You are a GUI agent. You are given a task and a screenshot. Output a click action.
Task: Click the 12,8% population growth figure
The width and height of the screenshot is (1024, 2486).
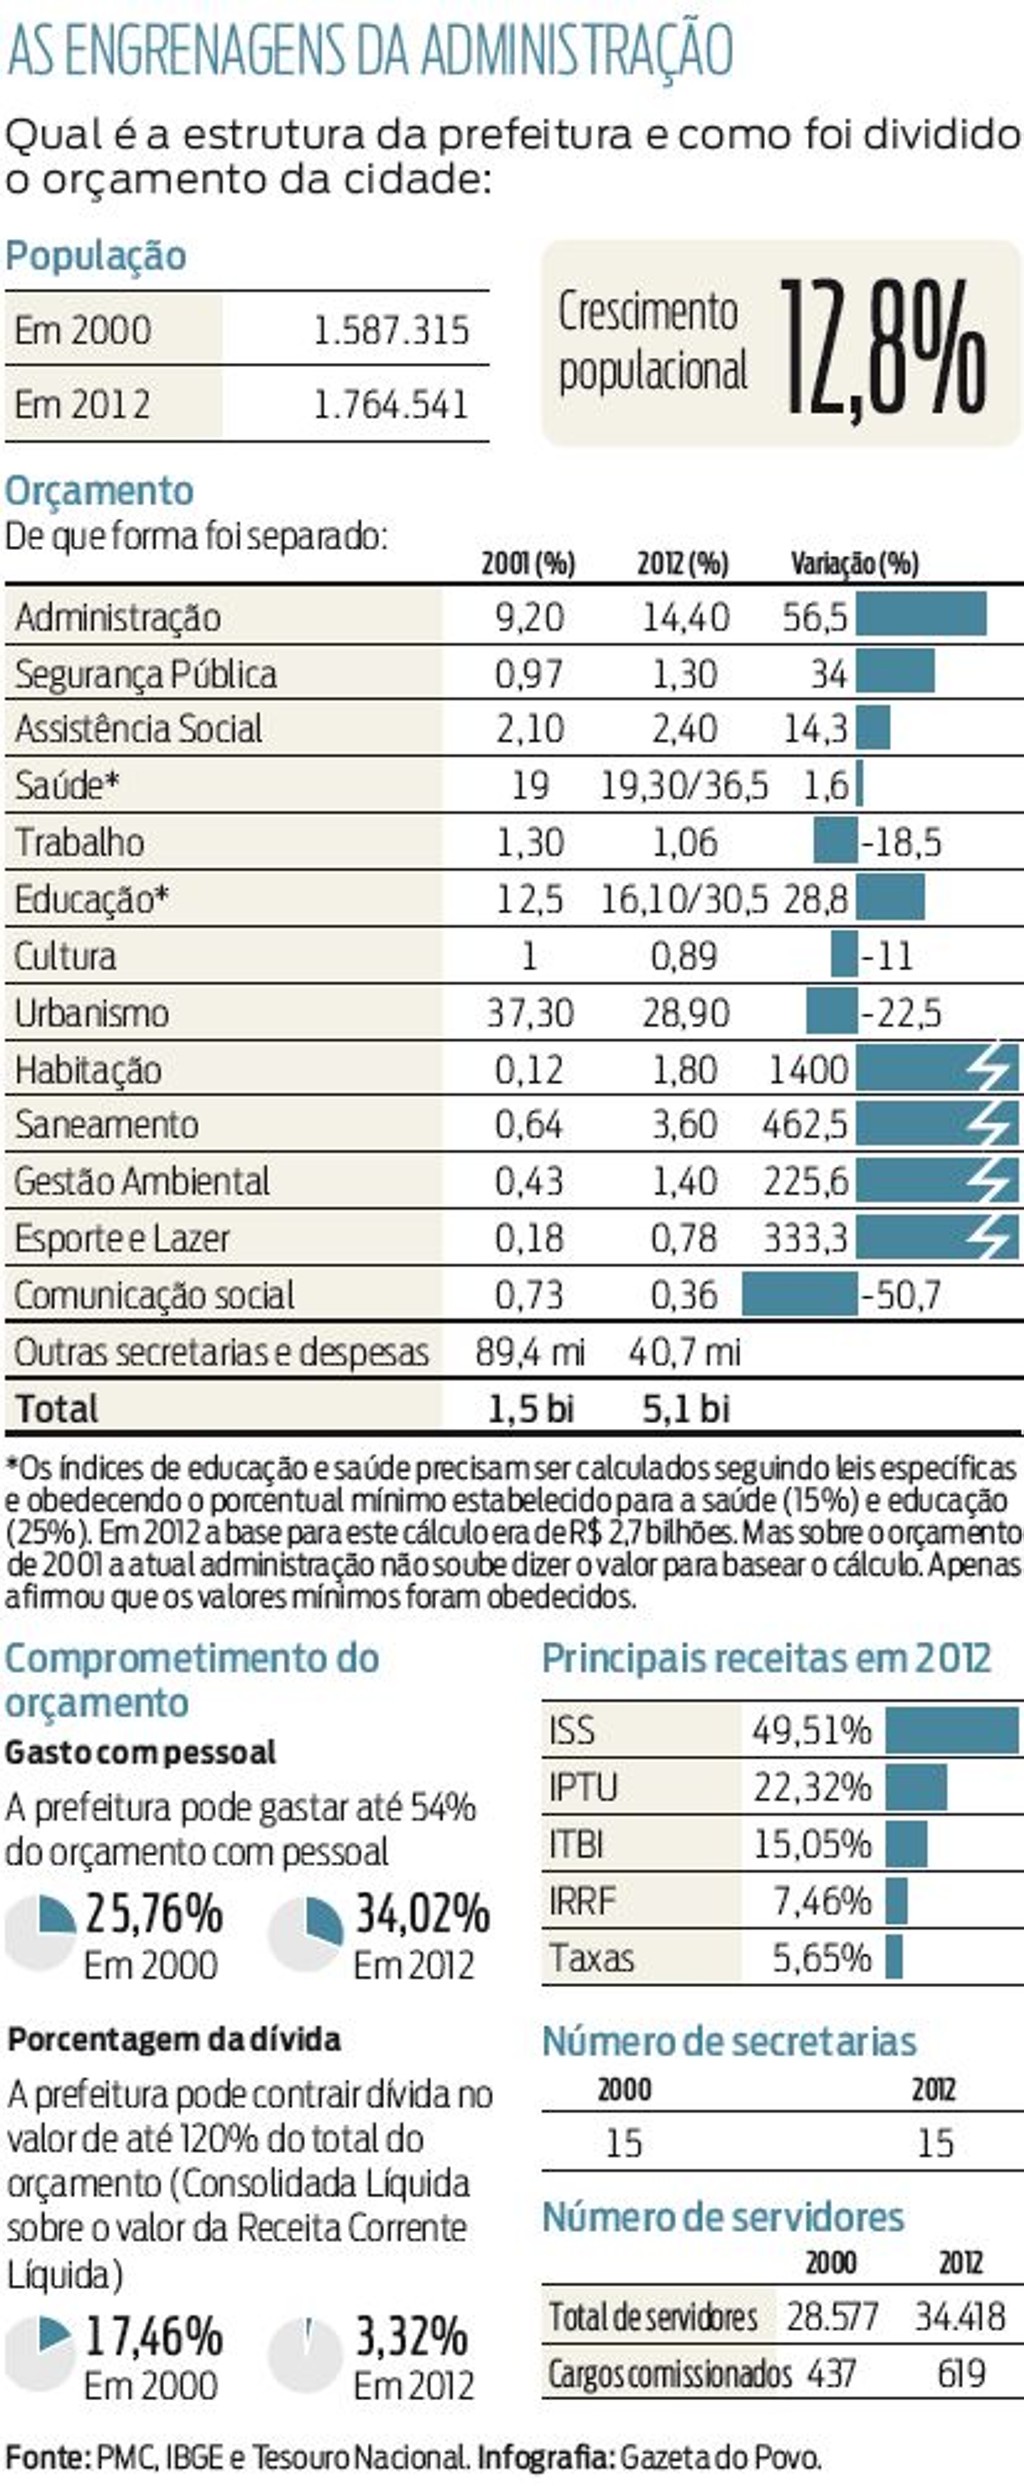pos(882,347)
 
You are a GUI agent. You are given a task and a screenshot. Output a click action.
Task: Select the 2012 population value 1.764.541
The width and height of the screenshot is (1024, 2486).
pos(390,405)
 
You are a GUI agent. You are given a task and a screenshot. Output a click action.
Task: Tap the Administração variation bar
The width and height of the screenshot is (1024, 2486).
pos(920,614)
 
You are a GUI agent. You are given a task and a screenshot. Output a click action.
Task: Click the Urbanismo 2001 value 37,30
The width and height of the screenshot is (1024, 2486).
pos(529,1013)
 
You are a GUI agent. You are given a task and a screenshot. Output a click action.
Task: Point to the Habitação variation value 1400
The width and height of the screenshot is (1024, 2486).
pos(808,1070)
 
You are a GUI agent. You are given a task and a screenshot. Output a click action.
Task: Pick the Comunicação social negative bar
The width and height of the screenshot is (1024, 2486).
pos(799,1294)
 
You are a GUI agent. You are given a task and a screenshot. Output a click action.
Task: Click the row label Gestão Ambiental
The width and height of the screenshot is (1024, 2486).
pos(142,1181)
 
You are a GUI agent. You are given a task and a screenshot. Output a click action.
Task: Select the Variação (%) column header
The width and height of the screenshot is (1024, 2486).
pos(854,564)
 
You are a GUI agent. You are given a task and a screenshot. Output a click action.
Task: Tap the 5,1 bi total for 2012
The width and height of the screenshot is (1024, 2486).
pos(685,1408)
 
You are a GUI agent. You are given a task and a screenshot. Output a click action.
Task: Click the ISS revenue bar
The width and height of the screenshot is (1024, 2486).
pos(951,1730)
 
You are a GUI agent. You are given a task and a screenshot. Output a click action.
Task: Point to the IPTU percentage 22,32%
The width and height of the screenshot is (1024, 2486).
pos(811,1787)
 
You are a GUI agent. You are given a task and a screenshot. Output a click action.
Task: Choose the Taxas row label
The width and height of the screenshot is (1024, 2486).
pos(591,1957)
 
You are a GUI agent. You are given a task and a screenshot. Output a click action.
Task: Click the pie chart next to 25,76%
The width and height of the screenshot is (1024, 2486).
pos(41,1934)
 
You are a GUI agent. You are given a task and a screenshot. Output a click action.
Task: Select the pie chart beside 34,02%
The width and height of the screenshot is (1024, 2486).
pos(306,1934)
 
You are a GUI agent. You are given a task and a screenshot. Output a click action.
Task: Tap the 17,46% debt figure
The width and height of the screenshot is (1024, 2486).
pos(153,2337)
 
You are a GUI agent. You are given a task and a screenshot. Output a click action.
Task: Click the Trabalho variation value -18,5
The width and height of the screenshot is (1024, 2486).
pos(901,842)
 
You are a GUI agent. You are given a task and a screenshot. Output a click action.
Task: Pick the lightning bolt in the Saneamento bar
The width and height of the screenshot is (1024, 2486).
pos(990,1124)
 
